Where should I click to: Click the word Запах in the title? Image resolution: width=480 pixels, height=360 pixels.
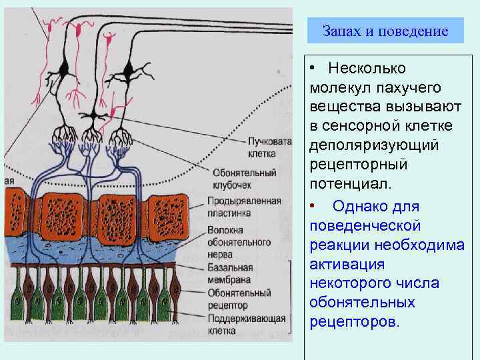[x=339, y=31]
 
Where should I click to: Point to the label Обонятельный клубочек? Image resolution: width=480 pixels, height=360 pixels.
[x=242, y=177]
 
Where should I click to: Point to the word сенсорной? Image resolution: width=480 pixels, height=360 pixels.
[x=359, y=126]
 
